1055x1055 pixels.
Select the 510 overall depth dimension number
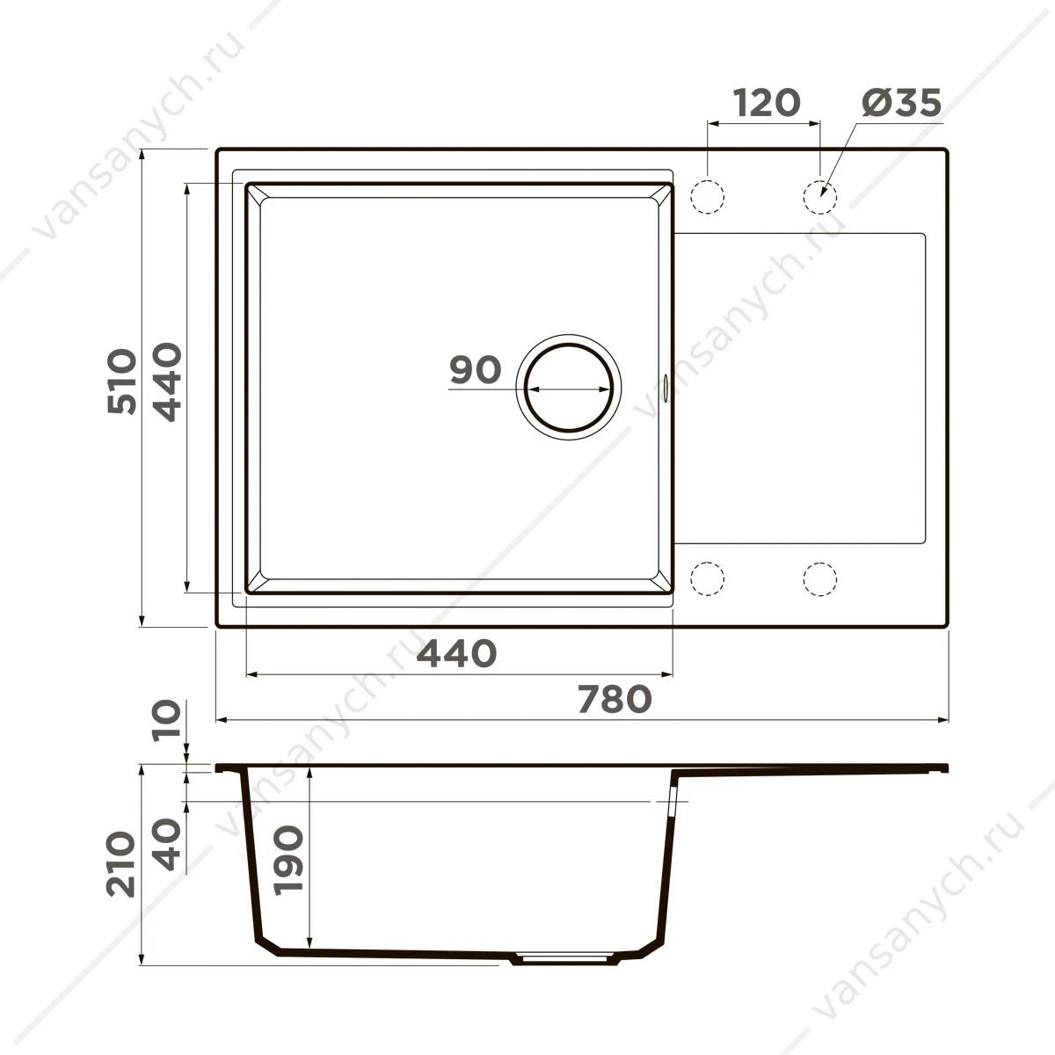pyautogui.click(x=121, y=381)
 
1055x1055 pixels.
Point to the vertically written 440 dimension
pyautogui.click(x=166, y=382)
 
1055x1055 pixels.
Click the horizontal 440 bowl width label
pyautogui.click(x=456, y=653)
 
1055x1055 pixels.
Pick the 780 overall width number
pyautogui.click(x=615, y=699)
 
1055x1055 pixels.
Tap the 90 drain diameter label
pyautogui.click(x=476, y=369)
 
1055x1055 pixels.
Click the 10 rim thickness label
pyautogui.click(x=166, y=721)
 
